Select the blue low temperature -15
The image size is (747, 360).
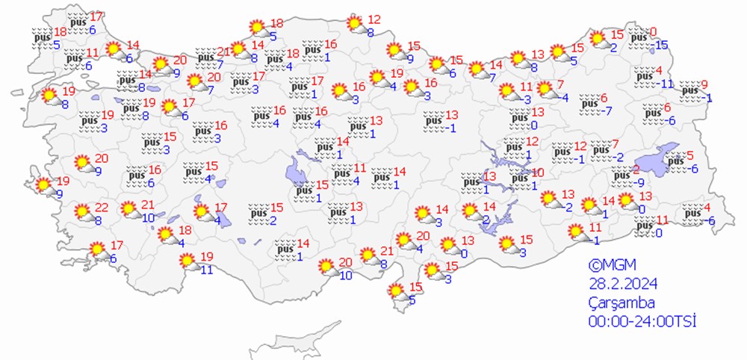point(660,46)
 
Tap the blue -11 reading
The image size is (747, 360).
point(666,84)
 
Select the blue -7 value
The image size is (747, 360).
point(608,111)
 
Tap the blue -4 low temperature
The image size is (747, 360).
point(566,97)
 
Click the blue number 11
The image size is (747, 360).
point(206,270)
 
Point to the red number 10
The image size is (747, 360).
point(538,172)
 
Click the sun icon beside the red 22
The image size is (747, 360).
point(83,212)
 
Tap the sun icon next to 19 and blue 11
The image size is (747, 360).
point(187,261)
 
